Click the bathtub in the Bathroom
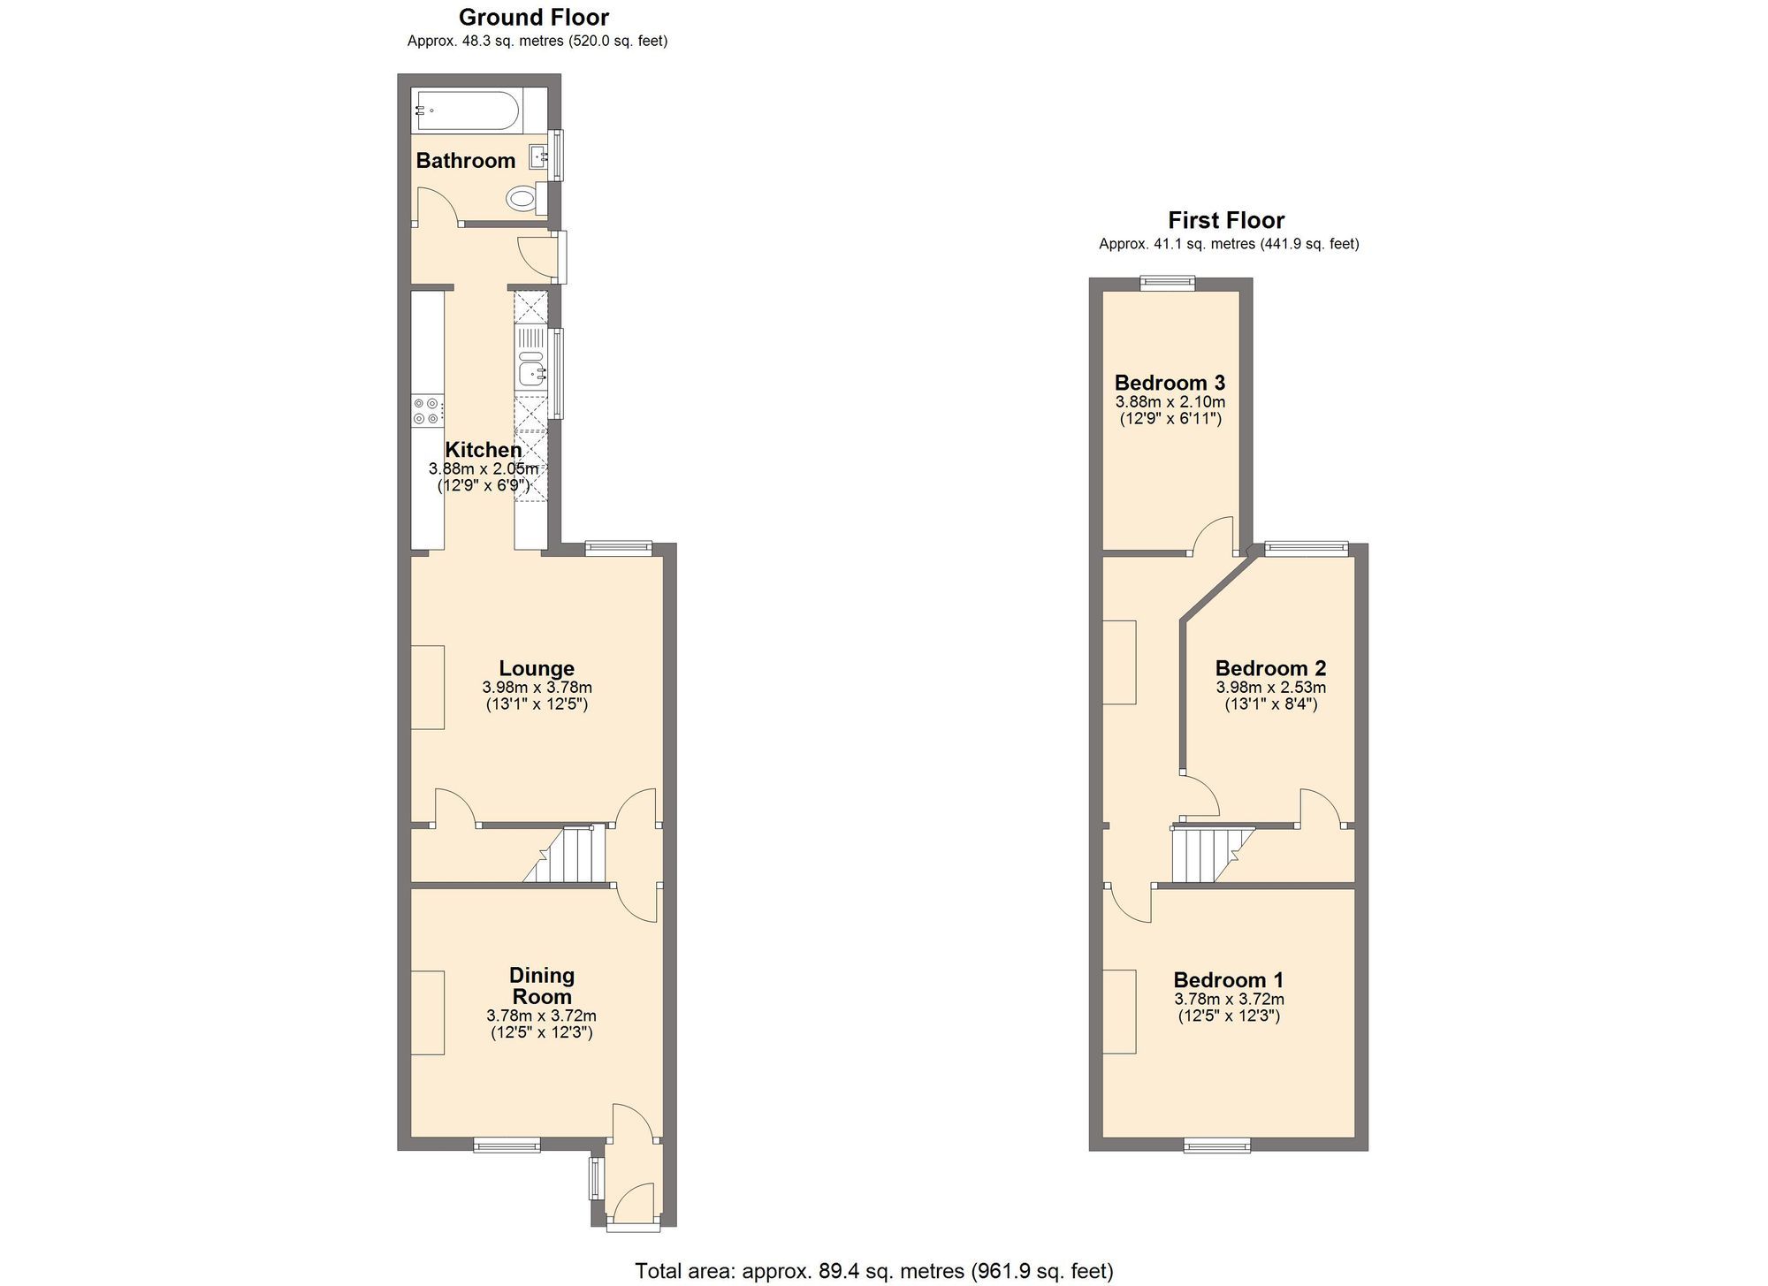tap(467, 110)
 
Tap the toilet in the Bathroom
tap(524, 197)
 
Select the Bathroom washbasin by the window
tap(537, 157)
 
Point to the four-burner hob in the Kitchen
tap(427, 411)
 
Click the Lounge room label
tap(537, 668)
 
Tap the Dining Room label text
tap(542, 985)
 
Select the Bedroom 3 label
tap(1170, 383)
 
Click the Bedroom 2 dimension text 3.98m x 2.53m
tap(1270, 687)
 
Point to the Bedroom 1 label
tap(1228, 979)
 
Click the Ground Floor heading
tap(534, 17)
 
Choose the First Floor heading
tap(1226, 220)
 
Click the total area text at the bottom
tap(873, 1271)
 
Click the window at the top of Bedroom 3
tap(1167, 283)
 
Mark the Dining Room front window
tap(507, 1146)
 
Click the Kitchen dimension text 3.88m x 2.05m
tap(484, 468)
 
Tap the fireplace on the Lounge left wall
tap(428, 687)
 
